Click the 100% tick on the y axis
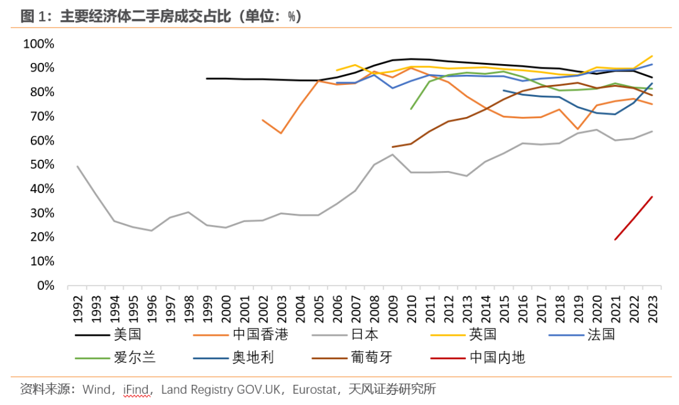(39, 44)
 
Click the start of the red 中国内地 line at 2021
(615, 240)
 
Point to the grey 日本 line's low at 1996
(152, 231)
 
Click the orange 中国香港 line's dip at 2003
(281, 133)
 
